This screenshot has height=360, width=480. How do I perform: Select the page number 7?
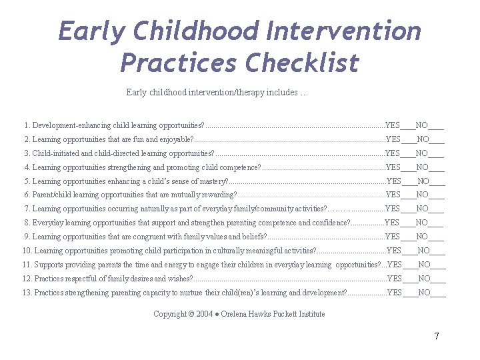pyautogui.click(x=437, y=336)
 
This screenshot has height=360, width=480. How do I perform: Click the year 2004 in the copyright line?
pyautogui.click(x=205, y=314)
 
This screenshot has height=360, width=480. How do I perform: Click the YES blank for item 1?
pyautogui.click(x=408, y=126)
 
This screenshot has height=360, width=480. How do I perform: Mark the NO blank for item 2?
pyautogui.click(x=437, y=140)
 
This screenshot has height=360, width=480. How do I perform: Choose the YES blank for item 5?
pyautogui.click(x=409, y=181)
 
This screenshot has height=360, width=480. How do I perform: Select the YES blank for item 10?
pyautogui.click(x=409, y=251)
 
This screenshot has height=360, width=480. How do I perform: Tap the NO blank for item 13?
pyautogui.click(x=439, y=293)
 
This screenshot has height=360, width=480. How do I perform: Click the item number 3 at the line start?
pyautogui.click(x=27, y=153)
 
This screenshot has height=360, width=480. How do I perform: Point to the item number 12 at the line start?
pyautogui.click(x=27, y=279)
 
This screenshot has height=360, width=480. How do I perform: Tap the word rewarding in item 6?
pyautogui.click(x=217, y=195)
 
